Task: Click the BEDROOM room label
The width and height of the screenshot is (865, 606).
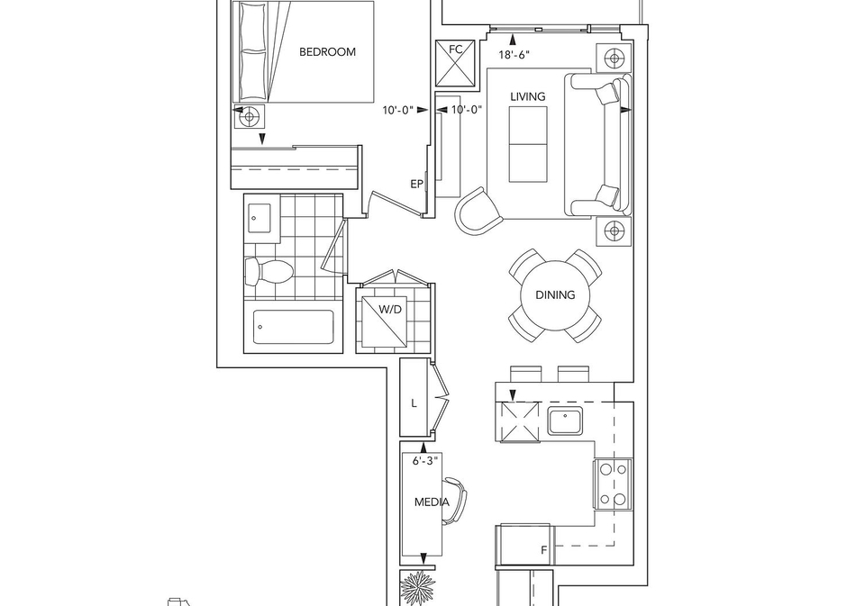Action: (x=327, y=52)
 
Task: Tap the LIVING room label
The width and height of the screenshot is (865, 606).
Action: (x=527, y=96)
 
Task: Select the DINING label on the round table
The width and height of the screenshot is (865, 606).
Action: (x=555, y=295)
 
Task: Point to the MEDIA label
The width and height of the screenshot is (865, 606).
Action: (x=432, y=502)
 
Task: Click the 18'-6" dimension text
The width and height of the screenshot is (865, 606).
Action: (x=514, y=55)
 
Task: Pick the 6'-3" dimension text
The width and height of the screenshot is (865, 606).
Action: (x=424, y=460)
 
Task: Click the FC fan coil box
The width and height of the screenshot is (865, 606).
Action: (x=455, y=63)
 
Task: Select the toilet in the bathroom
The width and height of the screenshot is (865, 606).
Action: (x=269, y=271)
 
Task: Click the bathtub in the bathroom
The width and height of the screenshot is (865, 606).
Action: (x=294, y=327)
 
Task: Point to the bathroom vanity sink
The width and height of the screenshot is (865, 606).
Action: (x=259, y=219)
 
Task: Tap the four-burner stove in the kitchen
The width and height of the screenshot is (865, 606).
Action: (x=613, y=484)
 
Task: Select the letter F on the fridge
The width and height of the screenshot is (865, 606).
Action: (x=543, y=550)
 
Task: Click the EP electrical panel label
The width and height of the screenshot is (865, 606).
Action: (x=416, y=185)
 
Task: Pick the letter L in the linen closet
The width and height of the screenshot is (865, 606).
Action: (x=414, y=403)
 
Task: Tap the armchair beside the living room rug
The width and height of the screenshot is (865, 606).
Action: (x=478, y=212)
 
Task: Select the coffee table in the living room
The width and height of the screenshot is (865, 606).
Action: (x=528, y=144)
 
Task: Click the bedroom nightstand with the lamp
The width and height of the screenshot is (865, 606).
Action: (x=250, y=116)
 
